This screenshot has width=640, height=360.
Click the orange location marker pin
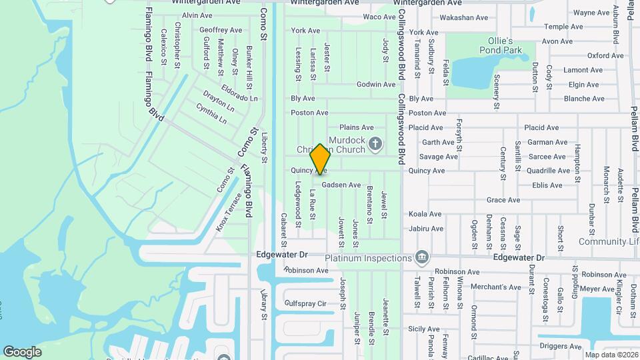click(x=321, y=159)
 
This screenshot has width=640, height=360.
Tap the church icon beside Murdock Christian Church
click(x=375, y=143)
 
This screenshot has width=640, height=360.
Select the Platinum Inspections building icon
click(x=421, y=257)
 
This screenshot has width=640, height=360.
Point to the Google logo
click(x=22, y=352)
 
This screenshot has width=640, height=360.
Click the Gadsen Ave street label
click(x=341, y=185)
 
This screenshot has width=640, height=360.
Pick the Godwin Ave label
click(x=376, y=85)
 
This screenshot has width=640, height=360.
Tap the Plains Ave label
click(x=357, y=127)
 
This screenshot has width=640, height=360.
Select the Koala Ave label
click(x=425, y=214)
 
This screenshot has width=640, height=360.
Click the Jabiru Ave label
click(x=426, y=229)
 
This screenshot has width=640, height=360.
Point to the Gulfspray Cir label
click(x=305, y=303)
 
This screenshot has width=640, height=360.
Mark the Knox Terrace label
click(x=229, y=213)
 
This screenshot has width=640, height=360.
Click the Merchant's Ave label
click(x=478, y=287)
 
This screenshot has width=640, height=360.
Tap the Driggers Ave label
click(x=560, y=346)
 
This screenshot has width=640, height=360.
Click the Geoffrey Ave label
click(x=221, y=30)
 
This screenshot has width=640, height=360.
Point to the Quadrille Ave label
click(x=548, y=171)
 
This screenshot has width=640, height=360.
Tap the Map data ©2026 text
click(x=611, y=354)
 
